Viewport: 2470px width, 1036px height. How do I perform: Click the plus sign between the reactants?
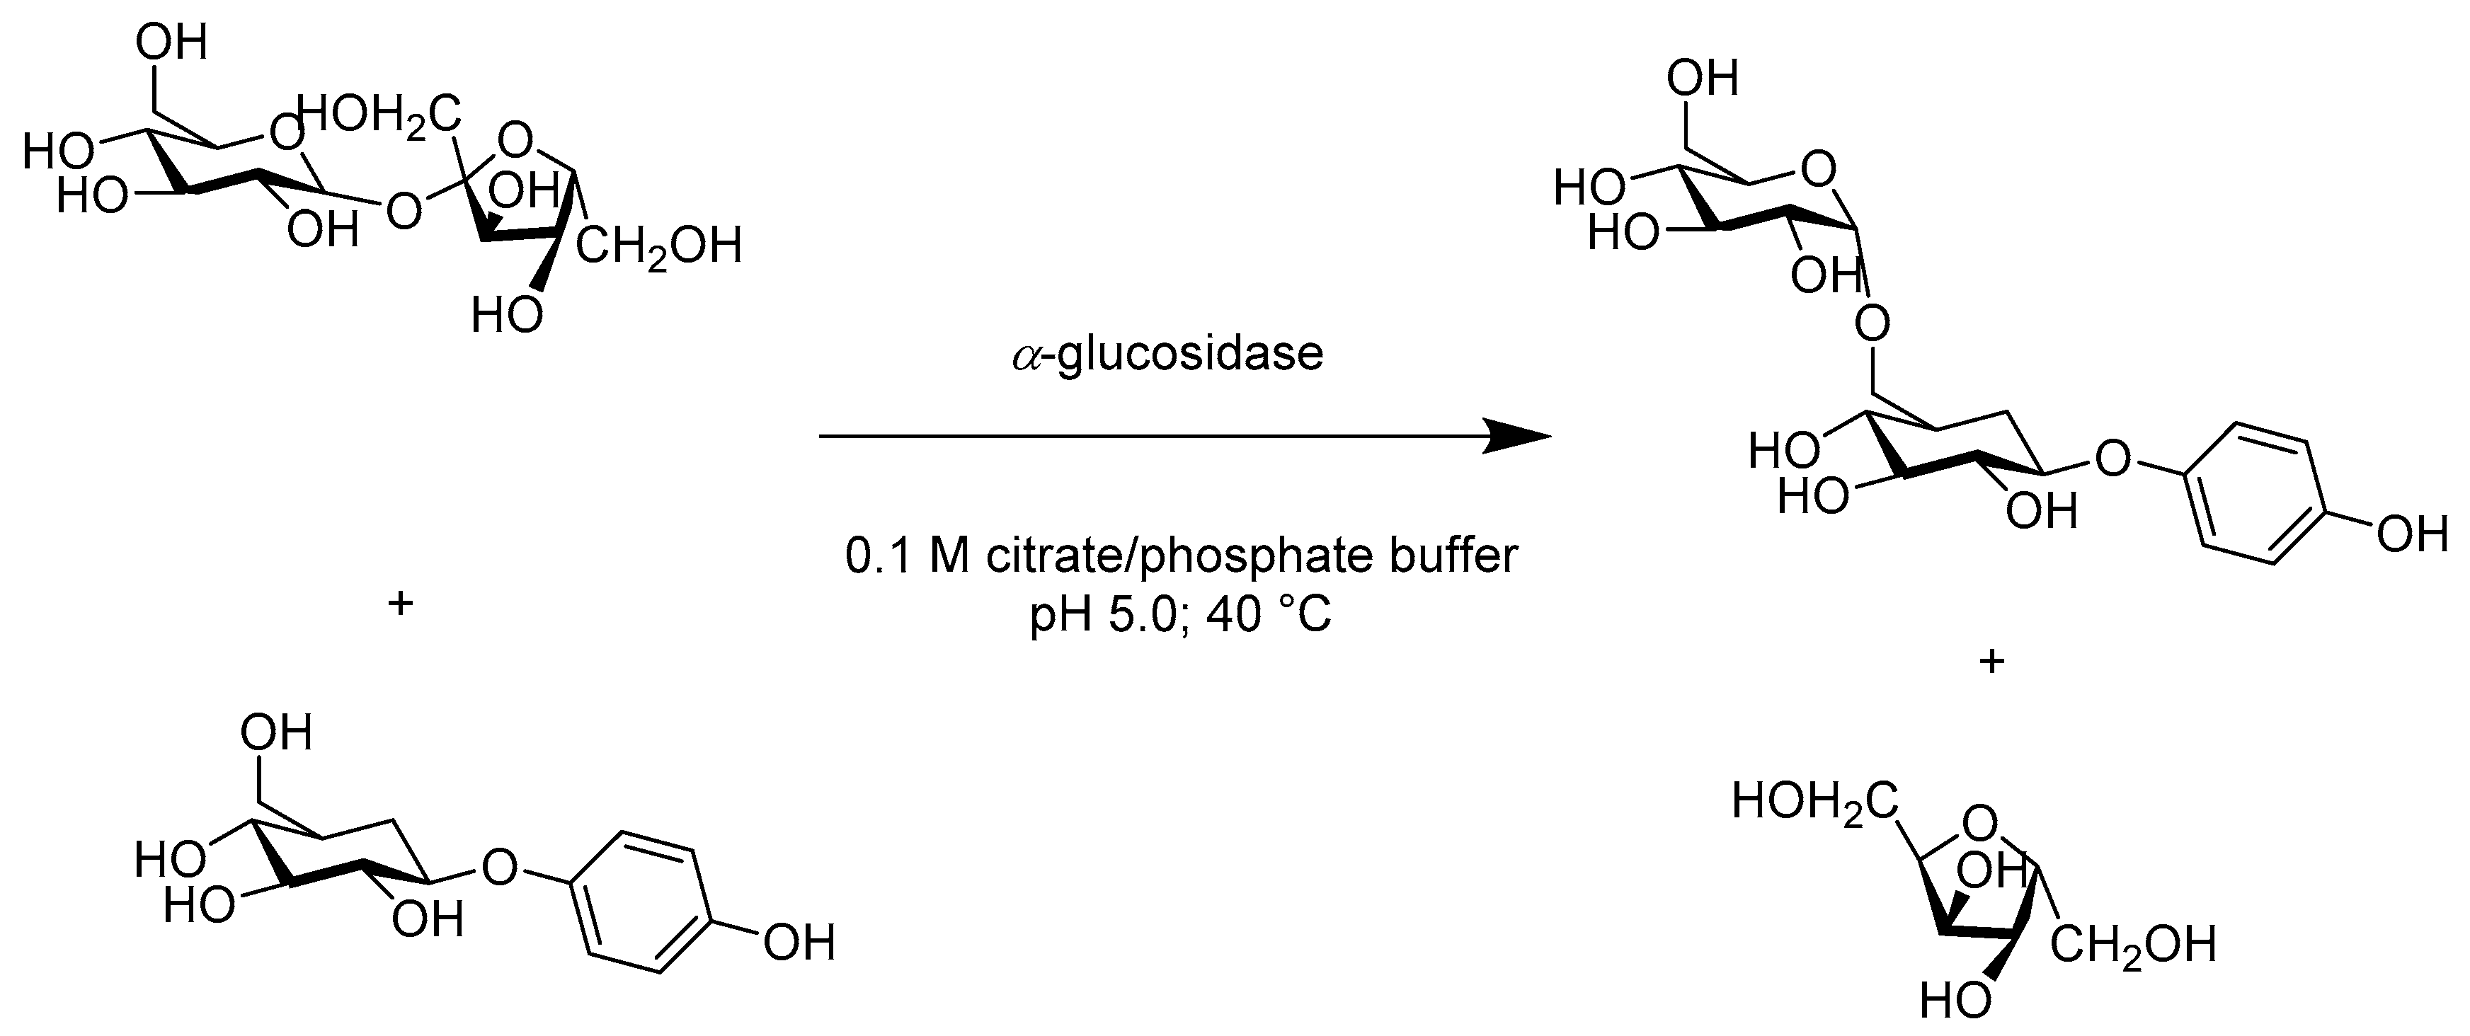click(400, 604)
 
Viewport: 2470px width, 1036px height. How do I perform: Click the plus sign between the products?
click(1991, 661)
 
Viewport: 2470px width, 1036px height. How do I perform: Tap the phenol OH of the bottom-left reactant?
click(799, 943)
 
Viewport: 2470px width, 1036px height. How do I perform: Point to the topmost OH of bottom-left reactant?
click(276, 734)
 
